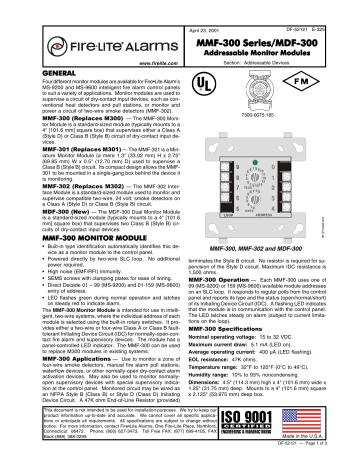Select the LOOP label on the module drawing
(227, 214)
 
